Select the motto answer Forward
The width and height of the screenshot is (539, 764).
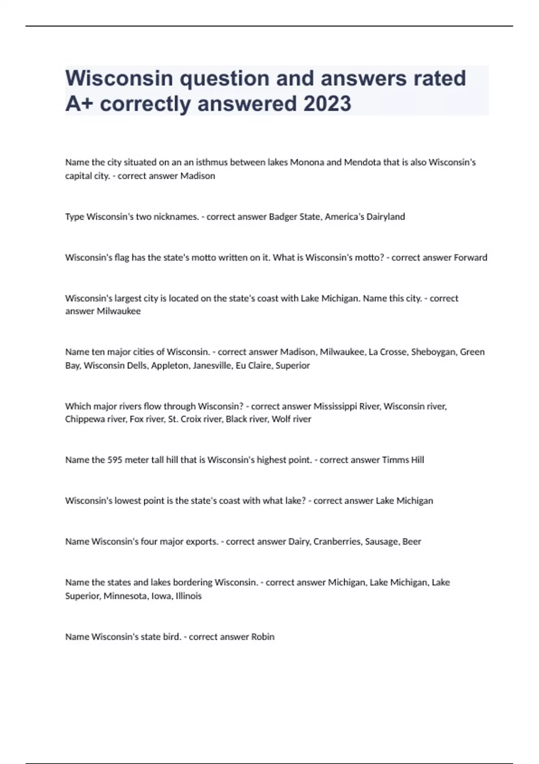(470, 258)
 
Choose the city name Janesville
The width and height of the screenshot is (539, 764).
(212, 365)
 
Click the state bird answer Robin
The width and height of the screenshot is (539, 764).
(263, 637)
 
